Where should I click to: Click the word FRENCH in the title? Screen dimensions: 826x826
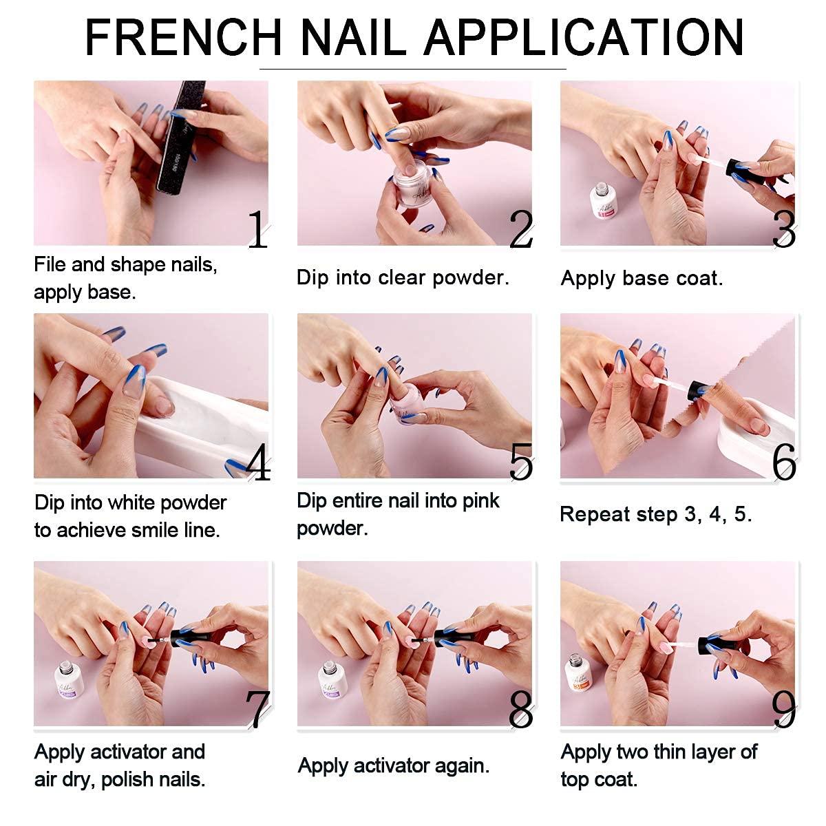(183, 37)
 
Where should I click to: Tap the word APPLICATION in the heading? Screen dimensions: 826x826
(584, 37)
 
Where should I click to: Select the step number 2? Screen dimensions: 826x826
(520, 229)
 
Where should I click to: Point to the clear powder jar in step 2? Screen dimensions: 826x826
(408, 183)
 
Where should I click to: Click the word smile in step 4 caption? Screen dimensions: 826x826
(156, 530)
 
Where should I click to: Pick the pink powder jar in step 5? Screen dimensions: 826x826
(405, 403)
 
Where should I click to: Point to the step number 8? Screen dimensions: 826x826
(521, 709)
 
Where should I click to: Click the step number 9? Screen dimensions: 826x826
(784, 709)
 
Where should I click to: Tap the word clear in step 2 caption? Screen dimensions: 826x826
(403, 277)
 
